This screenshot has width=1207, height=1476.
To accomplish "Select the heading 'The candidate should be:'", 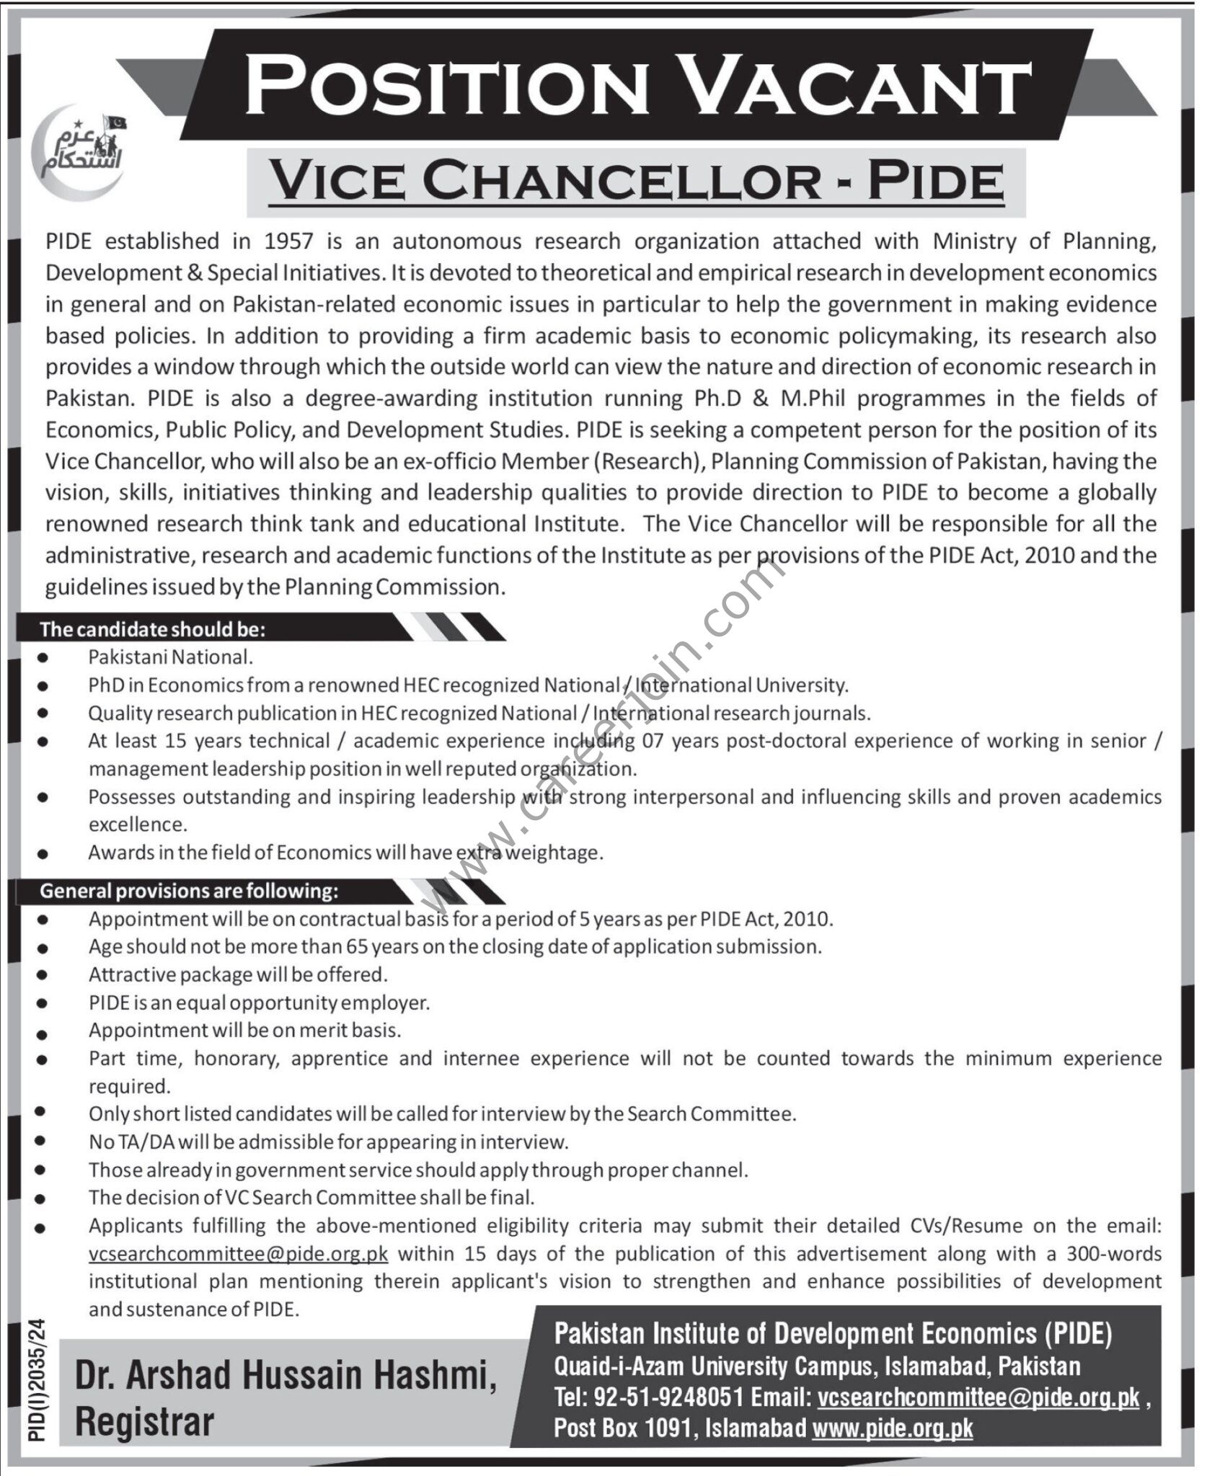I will [x=153, y=629].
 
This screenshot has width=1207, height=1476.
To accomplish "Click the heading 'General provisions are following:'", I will [x=189, y=891].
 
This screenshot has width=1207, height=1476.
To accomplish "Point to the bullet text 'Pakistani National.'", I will [x=171, y=657].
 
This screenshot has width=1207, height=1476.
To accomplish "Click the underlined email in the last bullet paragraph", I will [x=239, y=1253].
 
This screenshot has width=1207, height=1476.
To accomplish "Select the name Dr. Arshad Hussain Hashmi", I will [x=286, y=1376].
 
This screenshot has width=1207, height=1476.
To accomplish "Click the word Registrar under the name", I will [x=145, y=1422].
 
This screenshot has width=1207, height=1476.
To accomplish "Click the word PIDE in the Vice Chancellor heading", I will [x=935, y=182].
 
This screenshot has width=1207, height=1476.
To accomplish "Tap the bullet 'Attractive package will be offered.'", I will [x=238, y=974].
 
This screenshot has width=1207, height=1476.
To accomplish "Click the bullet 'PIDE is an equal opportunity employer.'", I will [x=259, y=1002].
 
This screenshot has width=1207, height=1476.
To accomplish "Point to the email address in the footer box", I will [x=978, y=1397].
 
